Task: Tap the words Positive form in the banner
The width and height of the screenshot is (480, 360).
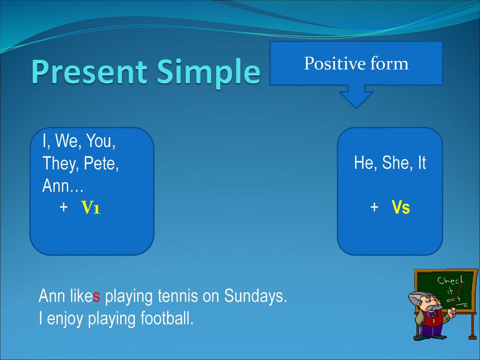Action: point(356,64)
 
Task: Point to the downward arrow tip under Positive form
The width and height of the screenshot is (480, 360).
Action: point(356,108)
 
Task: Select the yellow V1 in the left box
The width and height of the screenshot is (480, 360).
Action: point(90,207)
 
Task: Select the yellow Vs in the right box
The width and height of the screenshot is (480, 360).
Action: point(401,207)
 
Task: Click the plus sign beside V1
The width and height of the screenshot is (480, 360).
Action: point(64,207)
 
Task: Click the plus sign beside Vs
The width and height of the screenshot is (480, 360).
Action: point(374,207)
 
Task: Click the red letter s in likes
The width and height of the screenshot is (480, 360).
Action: point(97,297)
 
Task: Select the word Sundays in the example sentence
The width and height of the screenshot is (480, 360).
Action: point(255,296)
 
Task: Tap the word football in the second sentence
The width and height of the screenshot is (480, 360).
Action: point(167,318)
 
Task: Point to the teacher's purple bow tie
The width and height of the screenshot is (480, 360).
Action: point(432,314)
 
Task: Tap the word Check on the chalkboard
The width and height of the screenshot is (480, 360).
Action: point(450,280)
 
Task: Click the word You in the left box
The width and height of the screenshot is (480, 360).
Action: point(101,141)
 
